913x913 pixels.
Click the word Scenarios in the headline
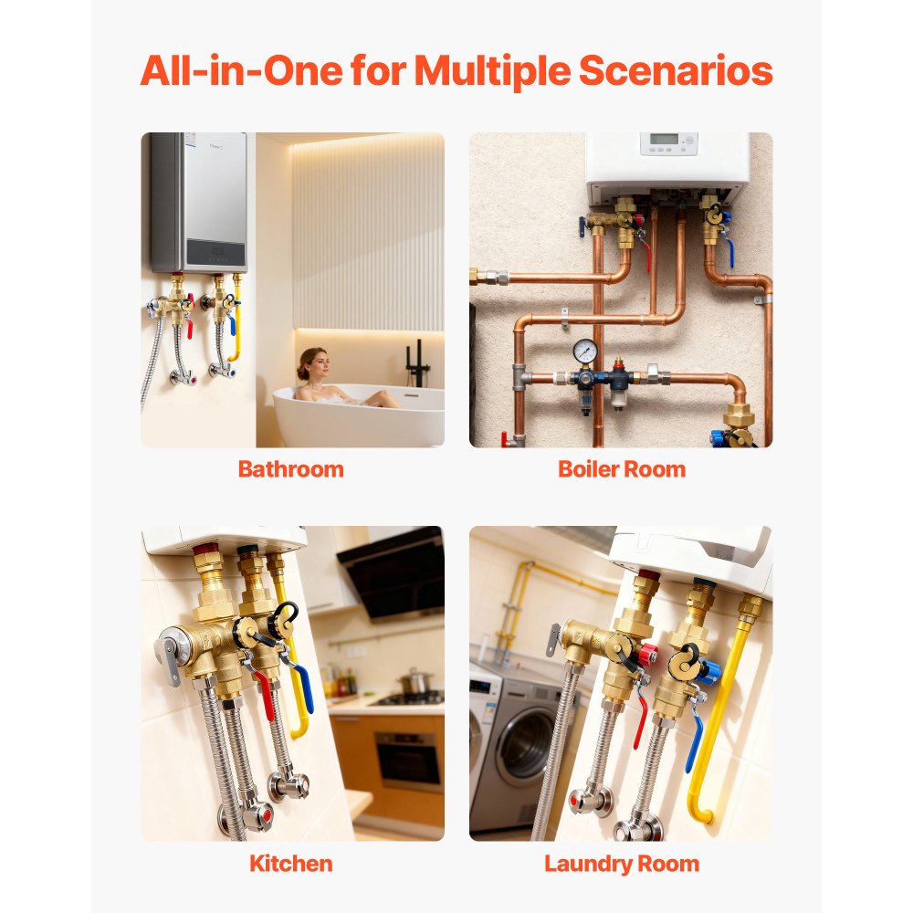tap(676, 70)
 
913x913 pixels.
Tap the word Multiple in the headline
tap(492, 71)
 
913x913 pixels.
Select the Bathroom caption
tap(291, 469)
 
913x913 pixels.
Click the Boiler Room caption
tap(622, 469)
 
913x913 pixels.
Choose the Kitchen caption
tap(291, 864)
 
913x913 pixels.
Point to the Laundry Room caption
tap(622, 864)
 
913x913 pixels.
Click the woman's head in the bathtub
tap(313, 362)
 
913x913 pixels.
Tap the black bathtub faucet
tap(417, 366)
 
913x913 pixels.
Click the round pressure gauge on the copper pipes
tap(584, 352)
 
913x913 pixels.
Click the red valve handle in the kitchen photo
tap(265, 694)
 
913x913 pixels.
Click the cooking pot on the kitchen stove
tap(414, 681)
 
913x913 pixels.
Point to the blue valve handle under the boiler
tap(729, 250)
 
